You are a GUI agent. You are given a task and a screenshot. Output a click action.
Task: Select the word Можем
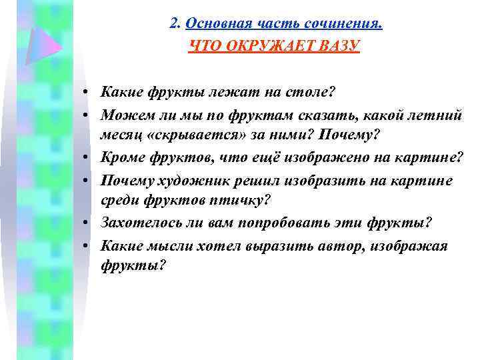122,115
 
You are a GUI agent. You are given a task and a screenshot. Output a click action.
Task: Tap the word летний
439,115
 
